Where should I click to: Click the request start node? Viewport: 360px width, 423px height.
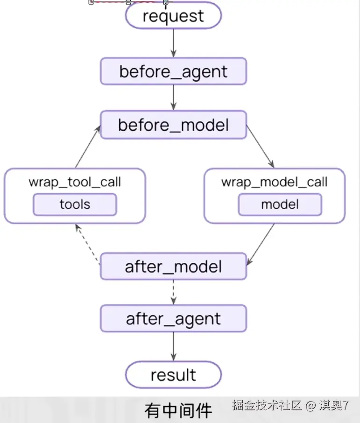point(173,15)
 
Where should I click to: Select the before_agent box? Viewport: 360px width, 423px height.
point(173,71)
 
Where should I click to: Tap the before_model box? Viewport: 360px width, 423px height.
point(173,125)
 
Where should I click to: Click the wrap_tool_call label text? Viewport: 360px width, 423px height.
point(75,182)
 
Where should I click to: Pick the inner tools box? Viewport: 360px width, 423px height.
point(75,204)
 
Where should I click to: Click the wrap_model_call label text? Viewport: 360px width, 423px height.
point(274,182)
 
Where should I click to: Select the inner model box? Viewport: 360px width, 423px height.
point(280,204)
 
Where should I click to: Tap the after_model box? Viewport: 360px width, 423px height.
point(173,266)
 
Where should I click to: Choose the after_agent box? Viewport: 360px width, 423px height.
point(173,318)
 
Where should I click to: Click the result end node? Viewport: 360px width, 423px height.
point(173,375)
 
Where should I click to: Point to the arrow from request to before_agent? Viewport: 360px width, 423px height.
point(174,43)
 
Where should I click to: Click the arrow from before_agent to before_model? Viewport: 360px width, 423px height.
point(174,98)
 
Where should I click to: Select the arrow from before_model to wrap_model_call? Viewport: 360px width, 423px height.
point(261,147)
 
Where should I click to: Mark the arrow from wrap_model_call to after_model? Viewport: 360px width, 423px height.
point(261,244)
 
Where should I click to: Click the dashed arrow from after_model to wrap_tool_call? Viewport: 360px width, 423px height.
point(87,244)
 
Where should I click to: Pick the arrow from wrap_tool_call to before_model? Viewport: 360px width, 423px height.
point(88,147)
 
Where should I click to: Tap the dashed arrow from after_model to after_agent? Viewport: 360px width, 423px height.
point(174,292)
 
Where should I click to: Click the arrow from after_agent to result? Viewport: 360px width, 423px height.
point(174,346)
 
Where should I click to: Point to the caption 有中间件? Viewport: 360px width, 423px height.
point(178,410)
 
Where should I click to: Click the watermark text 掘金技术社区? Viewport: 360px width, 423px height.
point(267,405)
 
